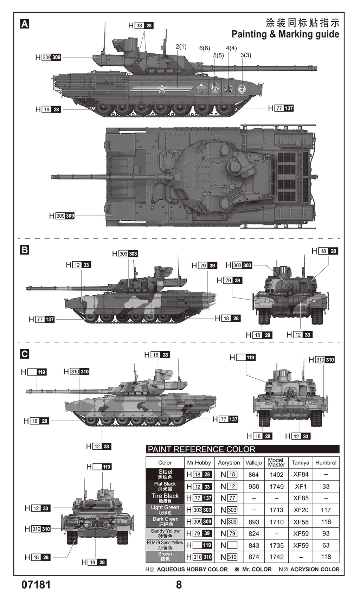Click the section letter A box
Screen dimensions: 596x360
click(25, 24)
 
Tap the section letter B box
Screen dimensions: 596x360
click(25, 250)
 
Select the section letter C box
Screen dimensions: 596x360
click(25, 354)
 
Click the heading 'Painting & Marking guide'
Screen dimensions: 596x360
click(285, 34)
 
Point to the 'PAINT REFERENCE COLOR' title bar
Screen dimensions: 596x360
click(243, 449)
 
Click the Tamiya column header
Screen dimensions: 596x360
click(301, 463)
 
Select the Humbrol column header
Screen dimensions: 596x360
click(326, 463)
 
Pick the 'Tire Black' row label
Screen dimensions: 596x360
click(165, 498)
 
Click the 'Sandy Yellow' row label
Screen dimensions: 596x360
click(165, 533)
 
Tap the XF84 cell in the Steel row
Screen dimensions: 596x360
click(301, 474)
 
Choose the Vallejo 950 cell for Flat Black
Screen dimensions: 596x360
click(253, 486)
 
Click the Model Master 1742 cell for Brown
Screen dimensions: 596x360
click(276, 557)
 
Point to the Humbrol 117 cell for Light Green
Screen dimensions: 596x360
click(326, 510)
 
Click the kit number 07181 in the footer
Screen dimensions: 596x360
click(36, 585)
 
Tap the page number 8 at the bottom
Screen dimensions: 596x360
click(179, 585)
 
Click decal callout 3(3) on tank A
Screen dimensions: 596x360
click(246, 55)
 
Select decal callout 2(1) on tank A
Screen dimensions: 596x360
click(181, 47)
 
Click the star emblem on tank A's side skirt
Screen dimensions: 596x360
click(162, 89)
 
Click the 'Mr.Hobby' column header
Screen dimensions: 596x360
click(199, 463)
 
